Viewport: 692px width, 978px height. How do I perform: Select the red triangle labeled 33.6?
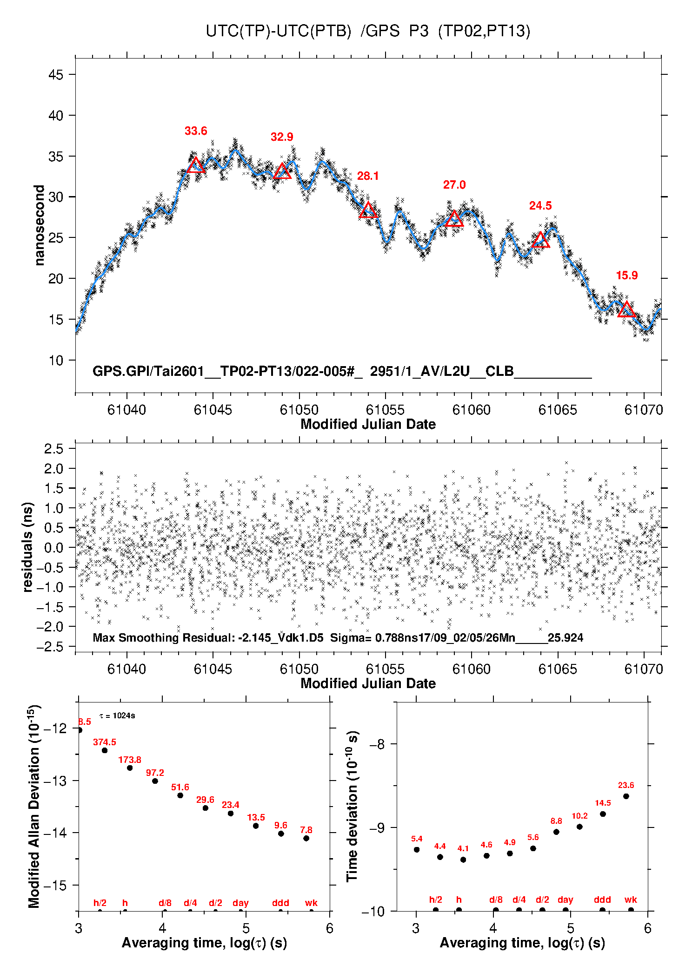tap(196, 165)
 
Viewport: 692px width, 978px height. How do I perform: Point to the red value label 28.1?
tap(368, 176)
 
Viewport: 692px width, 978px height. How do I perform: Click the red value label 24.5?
tap(540, 206)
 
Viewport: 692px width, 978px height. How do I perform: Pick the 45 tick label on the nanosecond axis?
tap(56, 75)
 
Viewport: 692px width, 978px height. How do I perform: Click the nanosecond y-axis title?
tap(40, 225)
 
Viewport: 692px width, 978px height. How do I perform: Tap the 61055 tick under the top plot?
tap(385, 410)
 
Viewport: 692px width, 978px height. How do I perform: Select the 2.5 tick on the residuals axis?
tap(53, 449)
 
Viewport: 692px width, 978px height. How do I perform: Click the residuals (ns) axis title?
tap(28, 547)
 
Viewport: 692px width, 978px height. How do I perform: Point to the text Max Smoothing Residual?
tap(163, 637)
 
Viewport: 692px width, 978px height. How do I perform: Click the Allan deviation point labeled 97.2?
tap(155, 781)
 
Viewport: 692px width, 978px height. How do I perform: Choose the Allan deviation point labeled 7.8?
tap(306, 838)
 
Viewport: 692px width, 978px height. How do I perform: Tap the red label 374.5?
tap(105, 742)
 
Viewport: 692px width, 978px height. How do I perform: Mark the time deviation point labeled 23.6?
tap(626, 796)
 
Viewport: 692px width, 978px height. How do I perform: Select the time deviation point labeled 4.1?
tap(463, 860)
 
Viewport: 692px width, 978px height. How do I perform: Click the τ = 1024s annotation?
tap(117, 715)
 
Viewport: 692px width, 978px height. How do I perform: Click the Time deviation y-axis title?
tap(353, 806)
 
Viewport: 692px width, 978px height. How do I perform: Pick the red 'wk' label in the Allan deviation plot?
tap(311, 903)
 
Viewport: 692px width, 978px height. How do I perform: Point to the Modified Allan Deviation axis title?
tap(34, 806)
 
